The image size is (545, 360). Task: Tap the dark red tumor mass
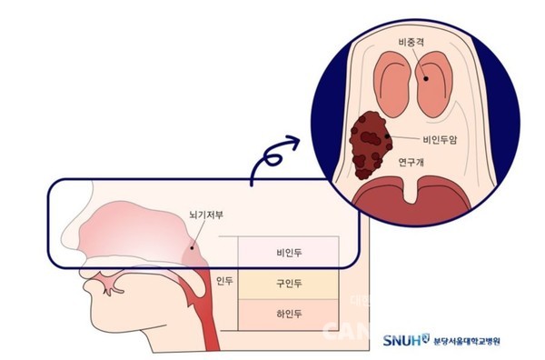pyautogui.click(x=369, y=144)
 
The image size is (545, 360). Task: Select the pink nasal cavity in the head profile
pyautogui.click(x=136, y=232)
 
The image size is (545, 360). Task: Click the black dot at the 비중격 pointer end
pyautogui.click(x=423, y=78)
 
